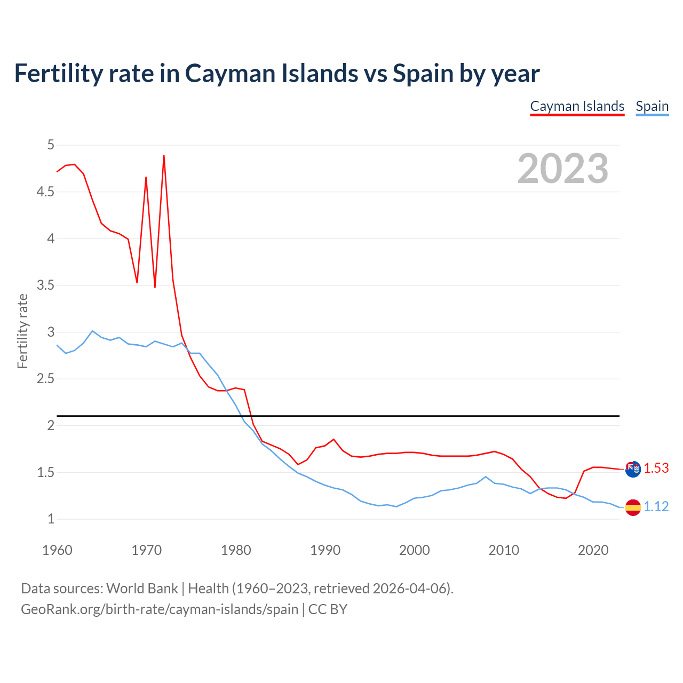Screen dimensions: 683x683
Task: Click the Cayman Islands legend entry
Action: point(577,106)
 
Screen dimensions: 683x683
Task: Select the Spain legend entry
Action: point(652,106)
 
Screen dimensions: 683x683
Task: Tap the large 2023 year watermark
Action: point(563,169)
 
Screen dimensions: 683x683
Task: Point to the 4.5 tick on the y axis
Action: point(45,192)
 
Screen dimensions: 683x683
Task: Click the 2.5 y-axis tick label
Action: point(45,379)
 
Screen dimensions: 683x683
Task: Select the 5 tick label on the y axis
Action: point(51,145)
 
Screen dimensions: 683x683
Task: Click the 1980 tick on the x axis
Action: point(236,550)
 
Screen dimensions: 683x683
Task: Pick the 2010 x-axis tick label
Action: point(504,550)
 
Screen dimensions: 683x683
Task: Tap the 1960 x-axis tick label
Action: point(57,550)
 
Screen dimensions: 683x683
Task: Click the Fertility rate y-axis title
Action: point(22,331)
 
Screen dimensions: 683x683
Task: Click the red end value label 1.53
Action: point(656,468)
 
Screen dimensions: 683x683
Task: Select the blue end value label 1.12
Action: point(656,506)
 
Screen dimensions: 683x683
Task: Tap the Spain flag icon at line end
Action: point(633,507)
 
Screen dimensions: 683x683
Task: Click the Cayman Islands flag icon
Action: point(633,469)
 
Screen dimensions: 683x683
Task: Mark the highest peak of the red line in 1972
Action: point(164,156)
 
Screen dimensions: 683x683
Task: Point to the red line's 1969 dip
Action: point(137,282)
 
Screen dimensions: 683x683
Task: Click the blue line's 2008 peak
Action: point(486,476)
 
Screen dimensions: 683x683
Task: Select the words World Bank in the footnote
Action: point(142,588)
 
